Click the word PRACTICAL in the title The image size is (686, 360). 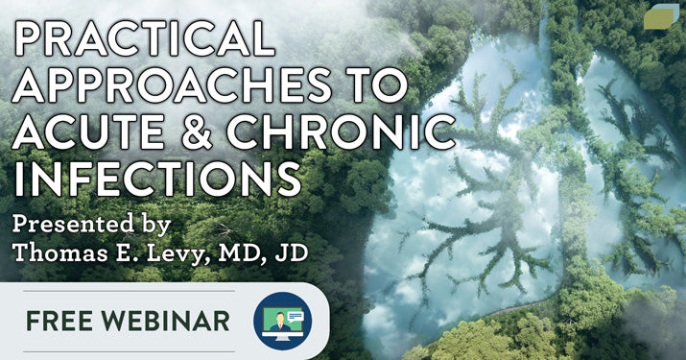coord(144,38)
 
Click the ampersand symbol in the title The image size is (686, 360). coord(198,132)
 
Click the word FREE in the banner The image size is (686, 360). coord(56,321)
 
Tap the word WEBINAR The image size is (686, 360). coord(162,321)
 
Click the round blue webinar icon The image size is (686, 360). coord(283,321)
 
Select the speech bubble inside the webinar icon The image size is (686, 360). coord(295,316)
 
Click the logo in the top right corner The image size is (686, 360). coord(661,17)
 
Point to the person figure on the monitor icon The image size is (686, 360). coord(278,323)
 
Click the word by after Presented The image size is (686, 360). coord(155,225)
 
